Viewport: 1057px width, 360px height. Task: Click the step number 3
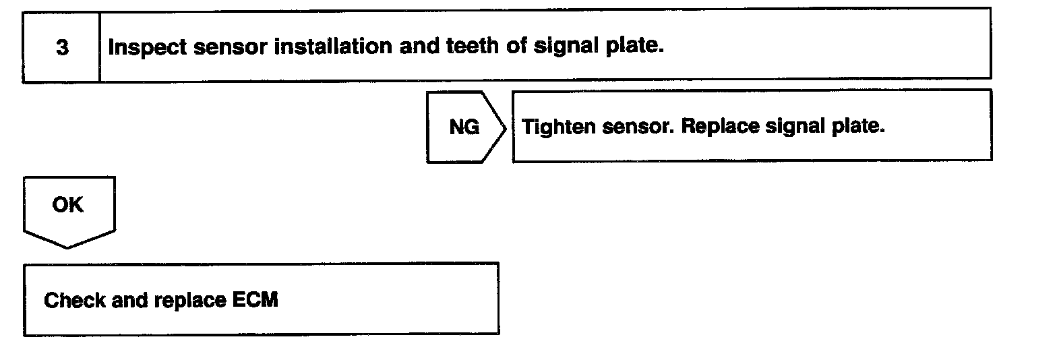(x=61, y=48)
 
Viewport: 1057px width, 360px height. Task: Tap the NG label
(x=464, y=126)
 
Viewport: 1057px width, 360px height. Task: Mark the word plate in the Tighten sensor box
(x=859, y=126)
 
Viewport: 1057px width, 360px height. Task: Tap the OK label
(x=68, y=204)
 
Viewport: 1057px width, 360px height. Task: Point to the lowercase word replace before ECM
(x=189, y=300)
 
